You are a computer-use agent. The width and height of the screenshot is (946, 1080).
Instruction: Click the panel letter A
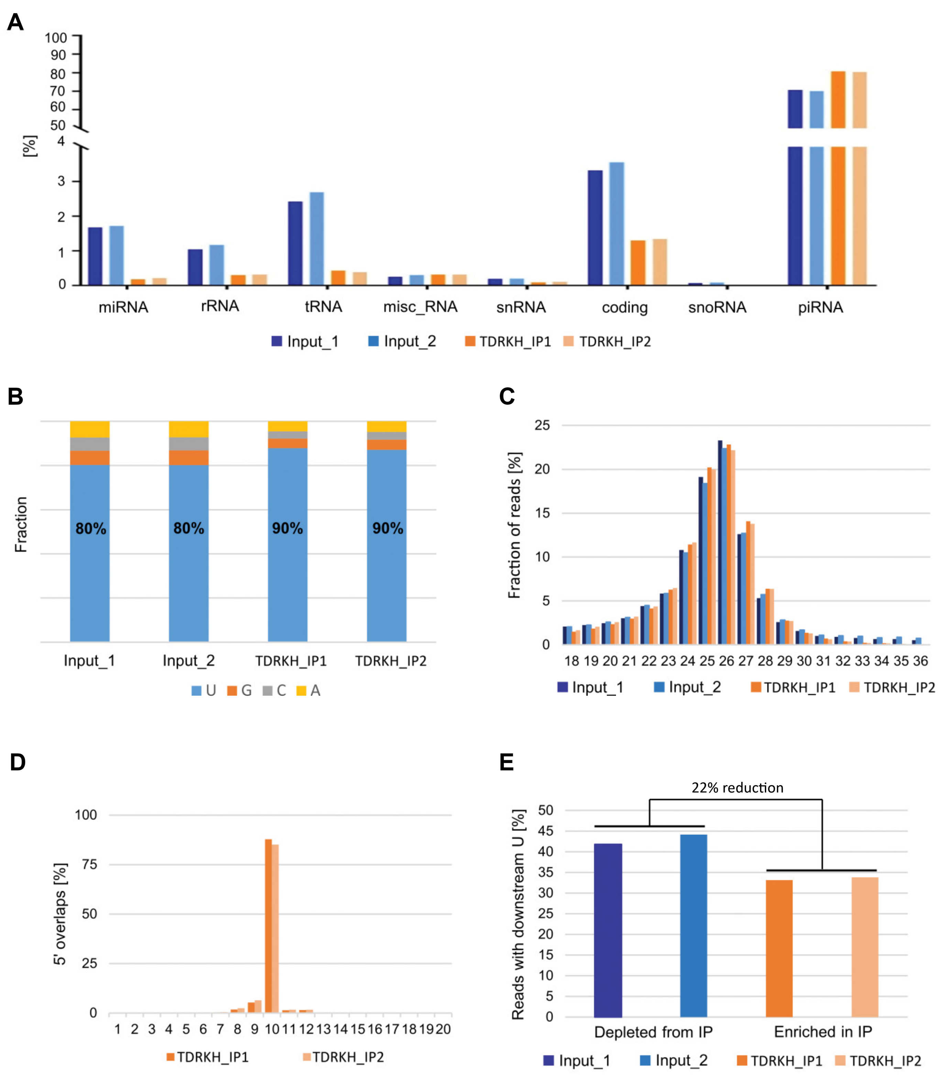click(x=15, y=22)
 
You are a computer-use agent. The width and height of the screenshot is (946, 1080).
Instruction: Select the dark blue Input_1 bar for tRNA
click(x=295, y=243)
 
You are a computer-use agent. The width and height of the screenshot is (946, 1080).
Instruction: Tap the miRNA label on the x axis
click(x=123, y=307)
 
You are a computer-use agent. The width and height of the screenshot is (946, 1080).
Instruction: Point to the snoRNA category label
click(x=717, y=307)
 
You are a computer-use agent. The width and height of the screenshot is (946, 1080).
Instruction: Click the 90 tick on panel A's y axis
click(x=58, y=55)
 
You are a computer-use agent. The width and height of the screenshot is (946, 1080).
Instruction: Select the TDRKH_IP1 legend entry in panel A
click(x=508, y=341)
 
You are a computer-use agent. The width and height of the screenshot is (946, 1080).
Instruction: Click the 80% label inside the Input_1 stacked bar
click(x=91, y=528)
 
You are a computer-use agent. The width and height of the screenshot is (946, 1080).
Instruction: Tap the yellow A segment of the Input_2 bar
click(x=188, y=429)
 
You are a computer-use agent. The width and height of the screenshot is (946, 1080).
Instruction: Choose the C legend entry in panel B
click(x=275, y=691)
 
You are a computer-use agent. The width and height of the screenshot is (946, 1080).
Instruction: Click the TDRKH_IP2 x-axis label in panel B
click(x=390, y=661)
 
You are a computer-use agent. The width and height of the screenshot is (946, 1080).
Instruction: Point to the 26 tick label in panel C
click(x=726, y=661)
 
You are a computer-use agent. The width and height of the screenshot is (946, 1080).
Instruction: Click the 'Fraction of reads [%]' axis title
click(x=514, y=525)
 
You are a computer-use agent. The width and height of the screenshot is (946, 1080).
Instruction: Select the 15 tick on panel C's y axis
click(x=542, y=513)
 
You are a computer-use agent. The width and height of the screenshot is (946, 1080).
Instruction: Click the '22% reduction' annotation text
click(x=737, y=788)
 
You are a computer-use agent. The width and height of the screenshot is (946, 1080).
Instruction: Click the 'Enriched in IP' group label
click(x=823, y=1032)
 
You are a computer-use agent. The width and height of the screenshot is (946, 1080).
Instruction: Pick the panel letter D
click(x=18, y=762)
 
